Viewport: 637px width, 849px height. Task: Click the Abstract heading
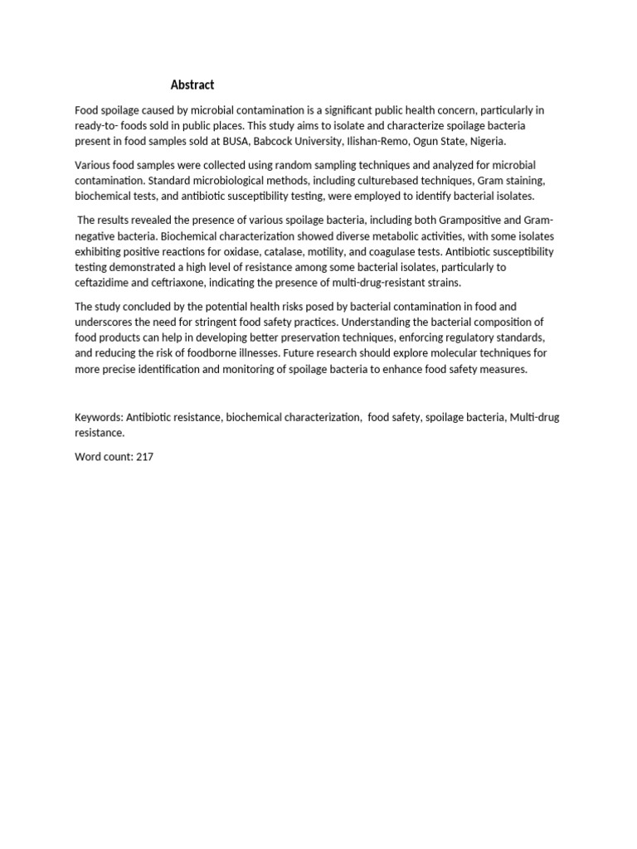[192, 85]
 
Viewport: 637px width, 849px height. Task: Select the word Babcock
[275, 141]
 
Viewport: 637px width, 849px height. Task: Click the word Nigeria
[488, 141]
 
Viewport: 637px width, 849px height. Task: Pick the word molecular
[456, 353]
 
